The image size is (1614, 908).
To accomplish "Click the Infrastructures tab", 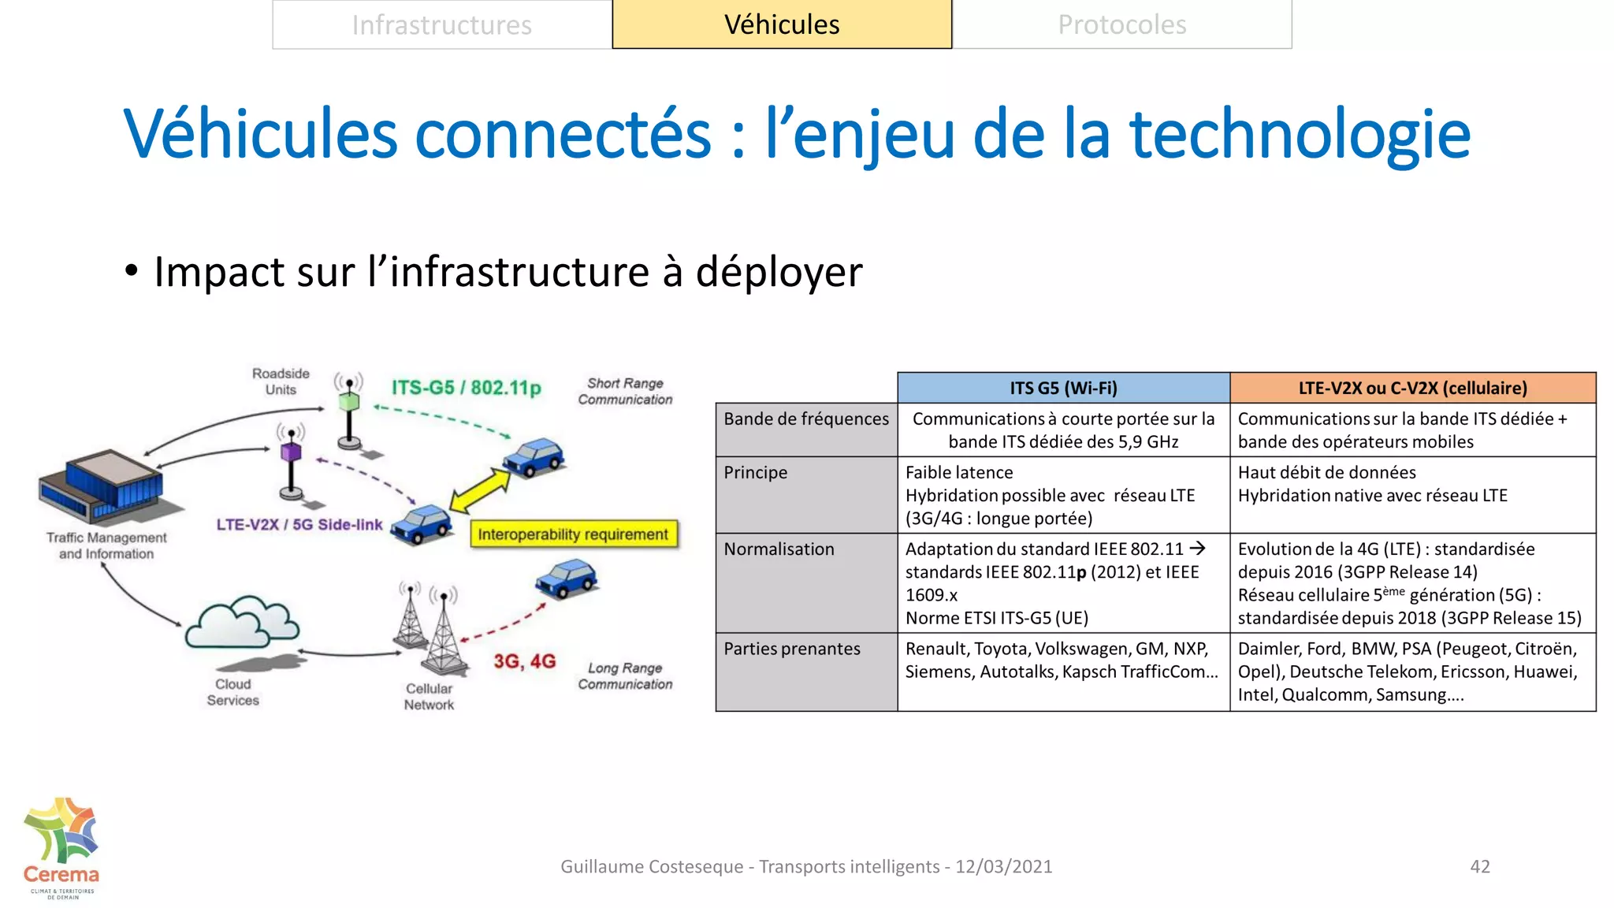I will [442, 25].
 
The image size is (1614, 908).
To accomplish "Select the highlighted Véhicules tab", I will [782, 25].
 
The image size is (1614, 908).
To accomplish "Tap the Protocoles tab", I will [1121, 25].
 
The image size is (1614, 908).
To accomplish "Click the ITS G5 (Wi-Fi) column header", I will [1063, 388].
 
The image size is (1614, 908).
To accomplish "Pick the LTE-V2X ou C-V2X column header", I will [1412, 388].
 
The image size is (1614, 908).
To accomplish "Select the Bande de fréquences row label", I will [806, 419].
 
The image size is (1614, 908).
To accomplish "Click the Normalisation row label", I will [779, 549].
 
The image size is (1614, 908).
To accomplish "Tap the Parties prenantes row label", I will [792, 649].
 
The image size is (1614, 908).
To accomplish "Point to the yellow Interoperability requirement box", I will [573, 534].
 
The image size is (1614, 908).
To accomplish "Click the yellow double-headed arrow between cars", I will [480, 490].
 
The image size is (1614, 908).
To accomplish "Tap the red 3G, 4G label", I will [525, 661].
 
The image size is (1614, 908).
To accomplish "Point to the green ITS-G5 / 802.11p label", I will [467, 388].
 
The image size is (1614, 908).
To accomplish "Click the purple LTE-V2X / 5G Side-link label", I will [299, 525].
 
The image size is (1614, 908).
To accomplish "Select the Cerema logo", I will [61, 847].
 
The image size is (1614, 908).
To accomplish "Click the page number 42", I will [1480, 866].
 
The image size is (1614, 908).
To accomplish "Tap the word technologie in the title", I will [1300, 134].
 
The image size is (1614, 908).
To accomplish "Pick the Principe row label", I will [755, 473].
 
